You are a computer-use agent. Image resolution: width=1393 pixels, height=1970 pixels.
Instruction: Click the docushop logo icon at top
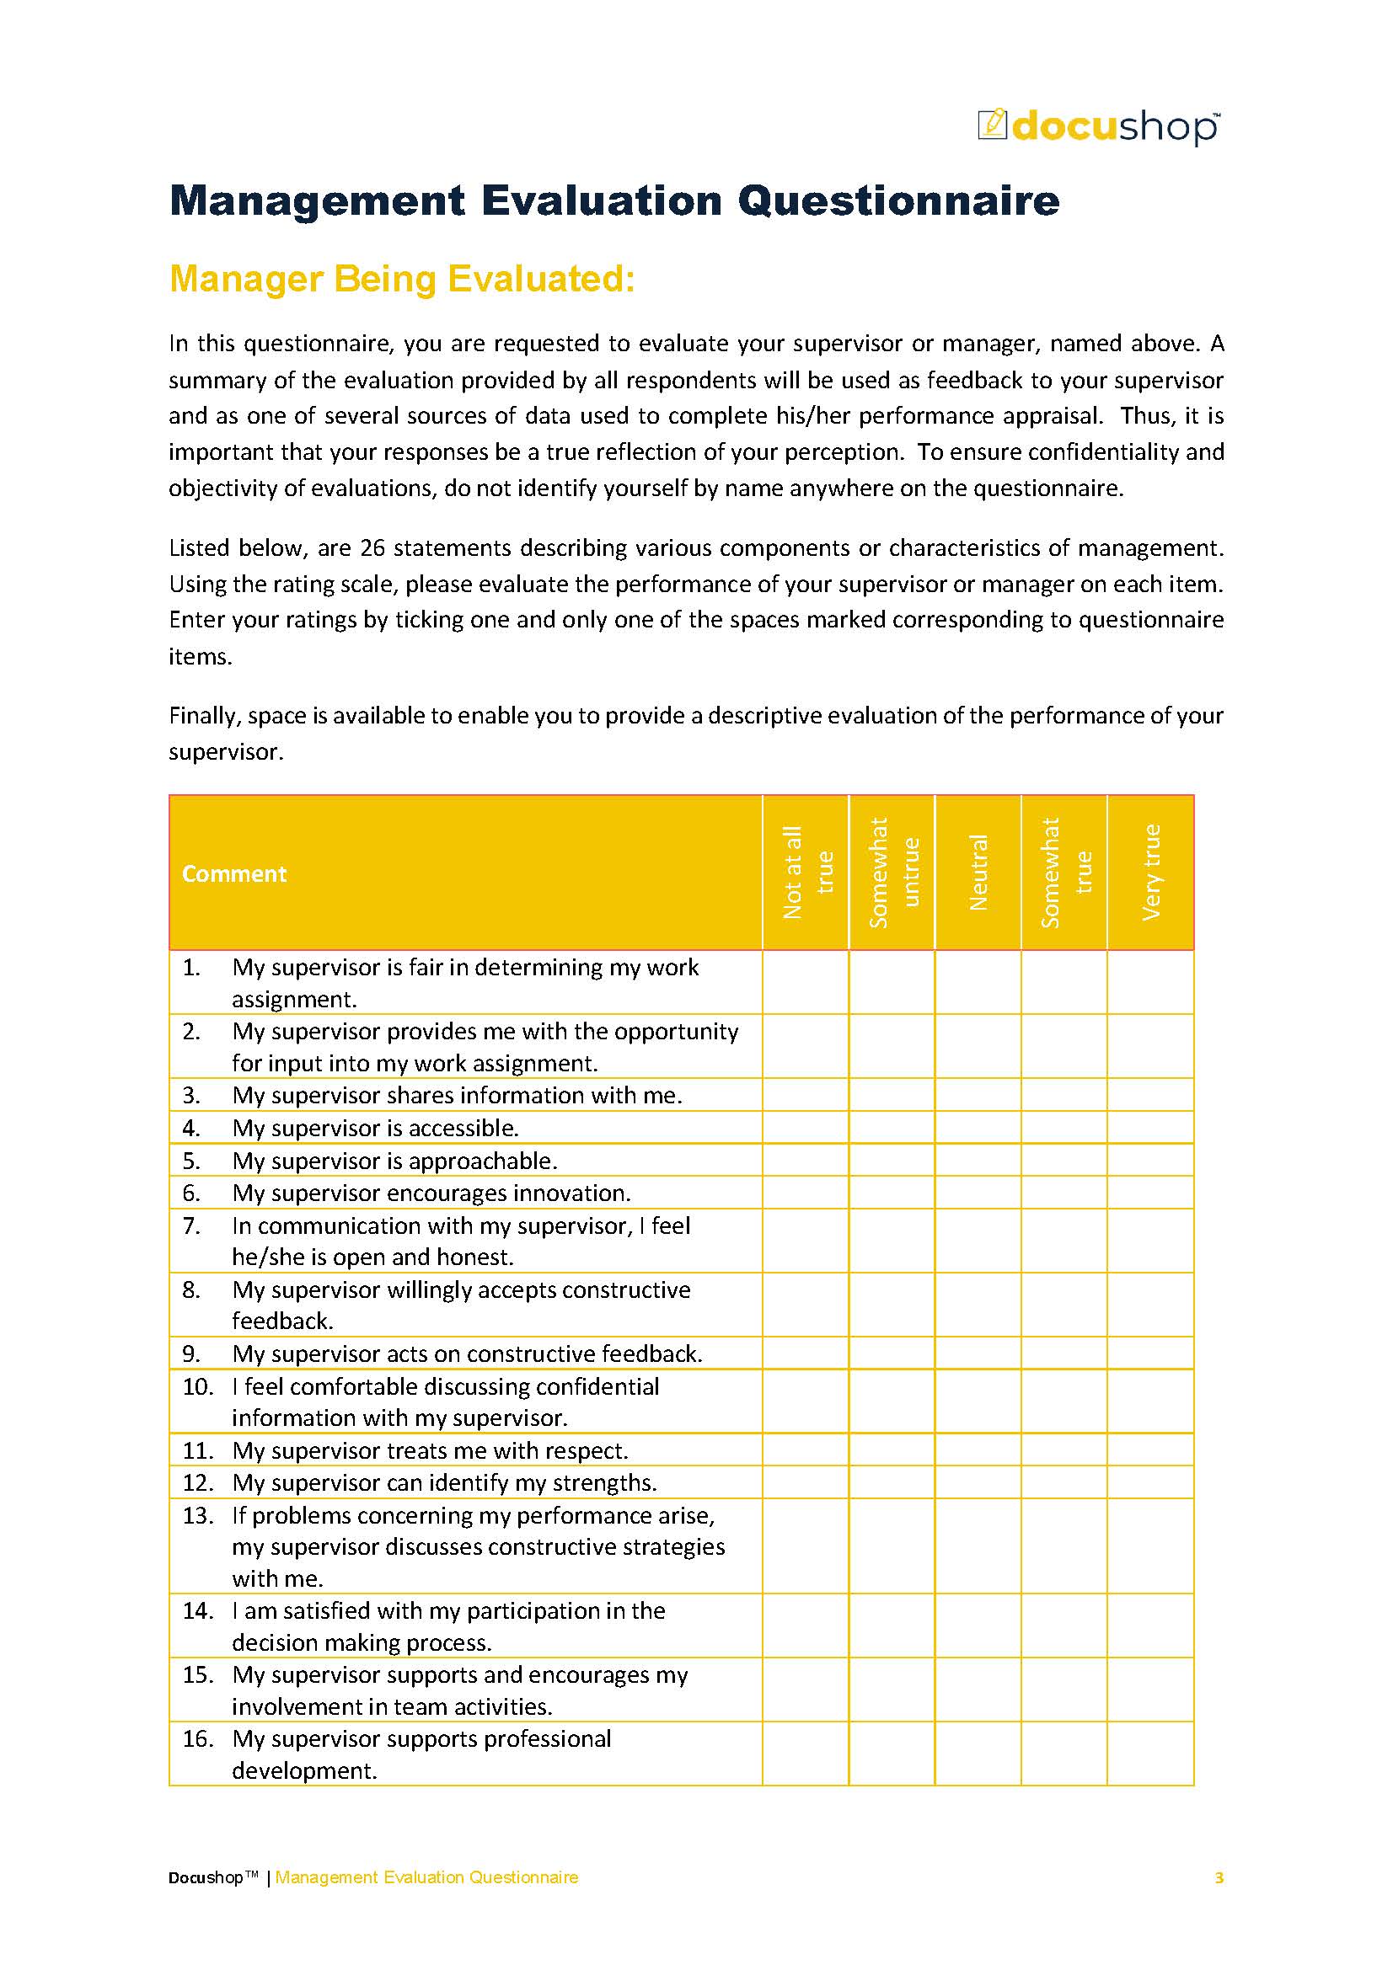point(991,124)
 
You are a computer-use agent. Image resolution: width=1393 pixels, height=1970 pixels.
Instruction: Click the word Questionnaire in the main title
point(897,200)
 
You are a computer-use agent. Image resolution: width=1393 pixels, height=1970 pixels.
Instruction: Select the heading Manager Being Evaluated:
point(402,280)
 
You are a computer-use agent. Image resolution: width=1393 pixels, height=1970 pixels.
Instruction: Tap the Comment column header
point(233,873)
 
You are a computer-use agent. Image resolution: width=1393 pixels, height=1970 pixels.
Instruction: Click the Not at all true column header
point(806,872)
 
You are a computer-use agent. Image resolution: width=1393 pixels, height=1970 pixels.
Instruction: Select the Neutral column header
point(978,872)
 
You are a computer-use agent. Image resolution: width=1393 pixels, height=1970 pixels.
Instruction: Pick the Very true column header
point(1150,872)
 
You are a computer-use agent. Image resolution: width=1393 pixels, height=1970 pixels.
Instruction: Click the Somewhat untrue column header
point(892,872)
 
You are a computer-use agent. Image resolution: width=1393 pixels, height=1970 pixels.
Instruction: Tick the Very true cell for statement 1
point(1150,981)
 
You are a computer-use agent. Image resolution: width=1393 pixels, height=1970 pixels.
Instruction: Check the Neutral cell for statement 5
point(978,1160)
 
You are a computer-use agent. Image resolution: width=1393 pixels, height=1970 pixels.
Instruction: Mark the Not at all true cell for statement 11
point(806,1450)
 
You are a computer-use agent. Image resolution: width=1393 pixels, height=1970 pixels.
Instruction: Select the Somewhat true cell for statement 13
point(1064,1546)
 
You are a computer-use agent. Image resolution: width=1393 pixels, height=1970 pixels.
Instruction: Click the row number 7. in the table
point(191,1225)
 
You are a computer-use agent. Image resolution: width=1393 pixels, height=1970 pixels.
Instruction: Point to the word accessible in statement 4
point(463,1129)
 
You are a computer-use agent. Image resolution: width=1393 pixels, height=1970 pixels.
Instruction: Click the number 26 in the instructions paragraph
point(372,547)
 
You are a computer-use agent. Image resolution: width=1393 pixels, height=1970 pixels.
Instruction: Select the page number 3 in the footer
point(1219,1877)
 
